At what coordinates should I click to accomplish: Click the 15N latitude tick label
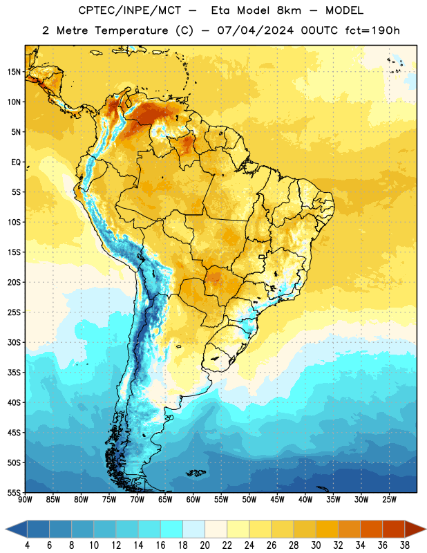tap(14, 72)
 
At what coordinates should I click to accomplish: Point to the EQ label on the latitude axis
tap(16, 162)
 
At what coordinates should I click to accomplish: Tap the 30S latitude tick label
tap(14, 342)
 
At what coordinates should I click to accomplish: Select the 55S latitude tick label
tap(14, 492)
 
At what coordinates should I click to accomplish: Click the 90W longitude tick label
tap(25, 499)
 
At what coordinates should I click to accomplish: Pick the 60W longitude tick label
tap(193, 499)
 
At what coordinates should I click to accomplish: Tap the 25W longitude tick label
tap(389, 499)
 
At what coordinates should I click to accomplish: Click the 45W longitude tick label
tap(278, 499)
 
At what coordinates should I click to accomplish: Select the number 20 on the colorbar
tap(205, 545)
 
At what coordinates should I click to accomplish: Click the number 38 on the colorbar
tap(404, 545)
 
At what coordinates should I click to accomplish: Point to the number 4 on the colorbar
tap(27, 545)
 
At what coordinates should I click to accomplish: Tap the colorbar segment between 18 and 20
tap(193, 529)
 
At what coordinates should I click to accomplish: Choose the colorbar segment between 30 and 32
tap(327, 529)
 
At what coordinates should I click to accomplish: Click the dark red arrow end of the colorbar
tap(415, 529)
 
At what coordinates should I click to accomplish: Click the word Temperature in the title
tap(131, 30)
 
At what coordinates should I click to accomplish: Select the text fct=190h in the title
tap(372, 30)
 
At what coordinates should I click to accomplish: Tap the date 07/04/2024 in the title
tap(255, 30)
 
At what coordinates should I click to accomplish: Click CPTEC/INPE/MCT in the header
tap(130, 10)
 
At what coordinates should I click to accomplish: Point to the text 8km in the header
tap(289, 10)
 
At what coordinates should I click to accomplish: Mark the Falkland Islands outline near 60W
tap(196, 473)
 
